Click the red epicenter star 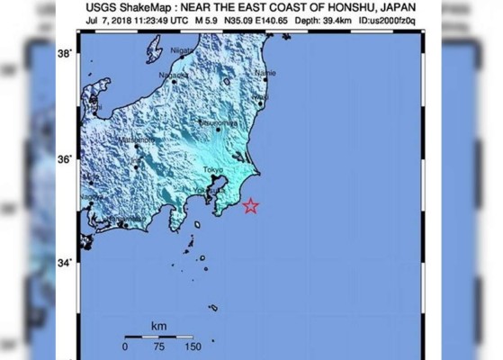[251, 206]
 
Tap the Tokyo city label [212, 170]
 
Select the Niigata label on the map [182, 52]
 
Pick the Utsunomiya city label [219, 121]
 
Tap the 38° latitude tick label [65, 53]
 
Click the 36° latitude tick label [65, 158]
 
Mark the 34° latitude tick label [65, 264]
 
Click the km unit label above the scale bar [158, 325]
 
